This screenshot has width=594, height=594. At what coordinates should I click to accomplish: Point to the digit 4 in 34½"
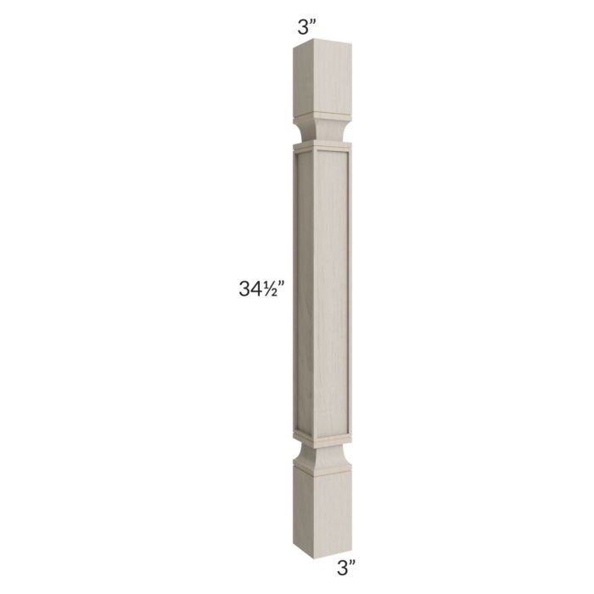[251, 289]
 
